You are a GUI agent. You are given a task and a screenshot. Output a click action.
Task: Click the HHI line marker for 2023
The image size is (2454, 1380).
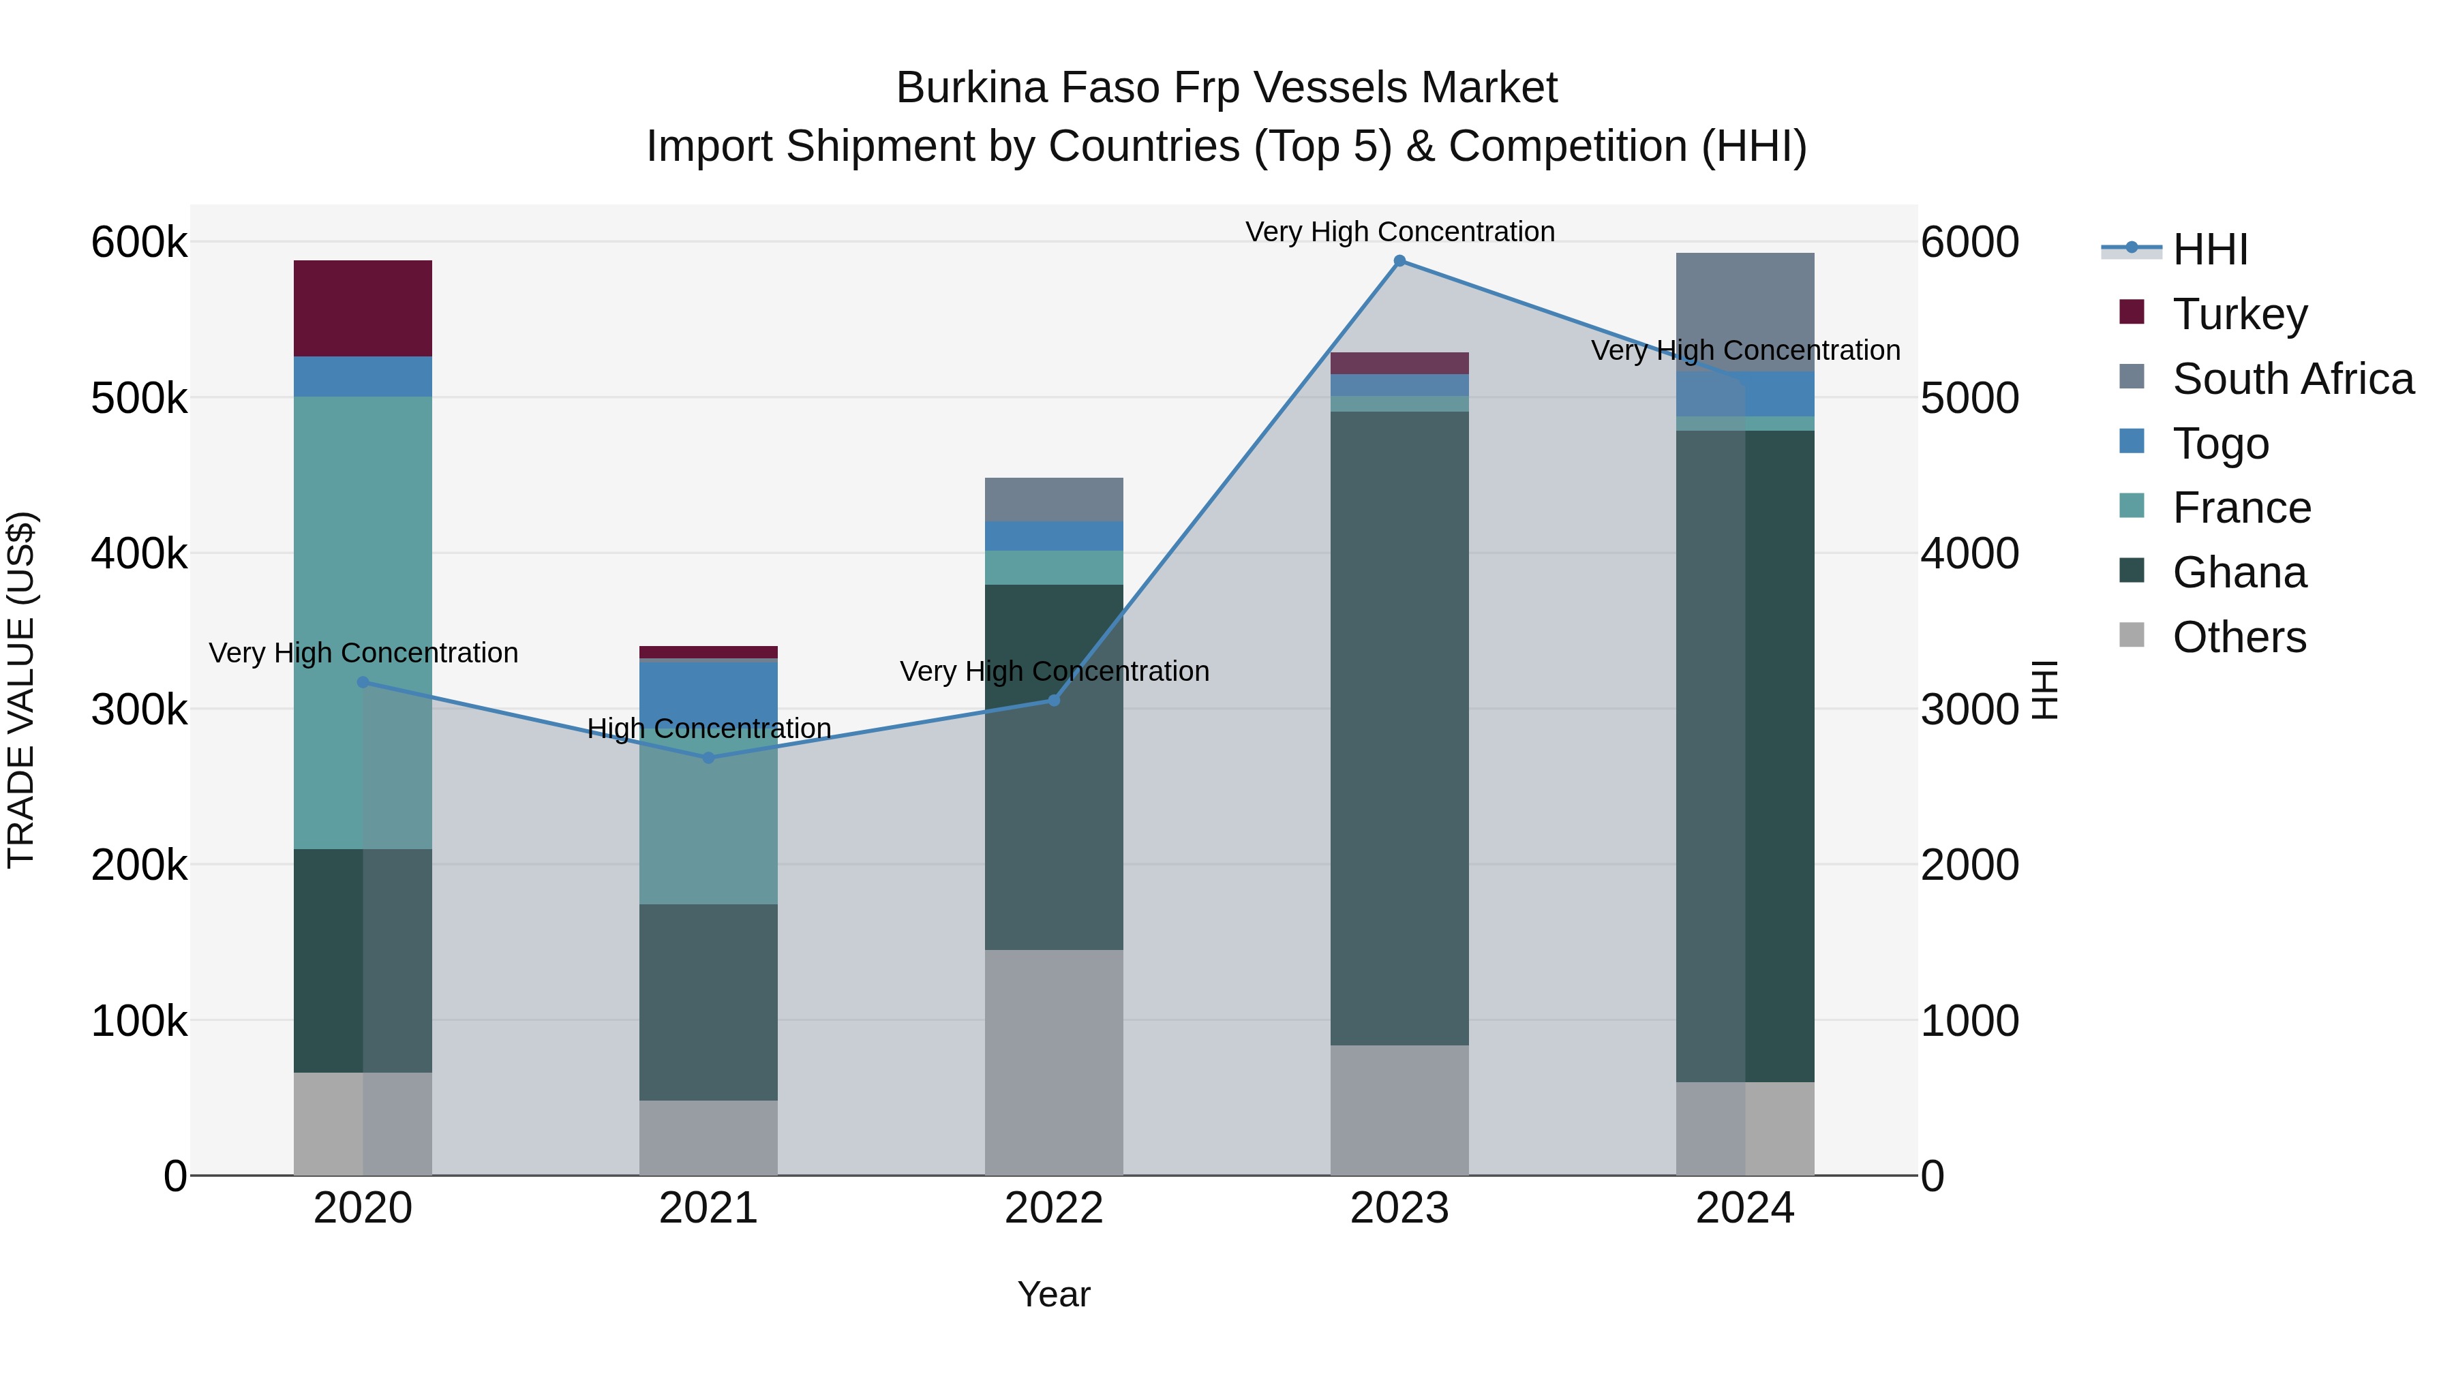click(x=1399, y=261)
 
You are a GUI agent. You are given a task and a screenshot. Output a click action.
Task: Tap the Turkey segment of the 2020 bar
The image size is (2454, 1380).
click(x=362, y=307)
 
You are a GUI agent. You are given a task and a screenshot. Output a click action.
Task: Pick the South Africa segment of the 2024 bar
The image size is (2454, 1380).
click(x=1744, y=311)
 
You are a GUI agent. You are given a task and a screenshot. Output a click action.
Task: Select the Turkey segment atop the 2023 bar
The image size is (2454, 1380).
click(x=1399, y=363)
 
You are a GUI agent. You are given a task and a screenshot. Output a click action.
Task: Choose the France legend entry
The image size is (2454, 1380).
click(x=2241, y=508)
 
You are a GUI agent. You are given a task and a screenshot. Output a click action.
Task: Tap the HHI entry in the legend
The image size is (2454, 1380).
click(x=2209, y=249)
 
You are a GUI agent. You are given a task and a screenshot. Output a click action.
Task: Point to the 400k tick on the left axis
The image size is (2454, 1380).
click(x=139, y=553)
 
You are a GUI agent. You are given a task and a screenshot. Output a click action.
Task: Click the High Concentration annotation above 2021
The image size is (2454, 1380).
click(x=709, y=729)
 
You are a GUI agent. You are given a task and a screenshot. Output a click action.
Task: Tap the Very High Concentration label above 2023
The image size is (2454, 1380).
click(x=1399, y=232)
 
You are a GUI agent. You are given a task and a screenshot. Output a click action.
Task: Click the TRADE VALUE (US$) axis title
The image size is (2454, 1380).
click(x=21, y=690)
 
